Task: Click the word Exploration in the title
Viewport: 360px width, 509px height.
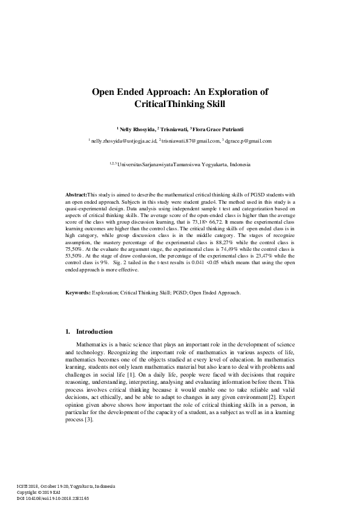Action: pyautogui.click(x=228, y=92)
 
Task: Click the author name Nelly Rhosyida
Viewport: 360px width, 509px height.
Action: pyautogui.click(x=136, y=129)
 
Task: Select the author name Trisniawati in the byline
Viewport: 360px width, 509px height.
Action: pyautogui.click(x=174, y=129)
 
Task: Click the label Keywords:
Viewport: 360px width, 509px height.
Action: pyautogui.click(x=78, y=293)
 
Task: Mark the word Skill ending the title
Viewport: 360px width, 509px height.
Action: pyautogui.click(x=214, y=104)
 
